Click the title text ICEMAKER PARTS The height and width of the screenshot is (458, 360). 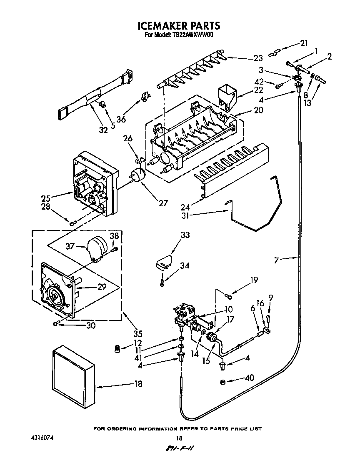pos(179,26)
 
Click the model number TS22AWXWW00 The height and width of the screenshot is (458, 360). pos(192,35)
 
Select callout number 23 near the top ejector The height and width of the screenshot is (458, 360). pos(258,58)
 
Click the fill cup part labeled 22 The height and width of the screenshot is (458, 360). pos(227,96)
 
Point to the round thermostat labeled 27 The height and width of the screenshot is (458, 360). pos(137,175)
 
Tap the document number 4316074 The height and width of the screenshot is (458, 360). pos(41,438)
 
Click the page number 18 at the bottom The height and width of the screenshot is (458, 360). pos(179,438)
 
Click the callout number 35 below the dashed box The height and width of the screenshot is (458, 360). pos(137,334)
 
